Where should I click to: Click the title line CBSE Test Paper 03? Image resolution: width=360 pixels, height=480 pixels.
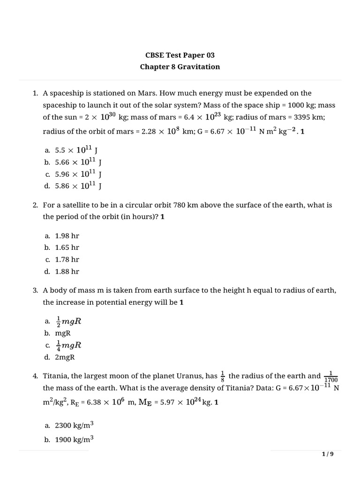point(180,55)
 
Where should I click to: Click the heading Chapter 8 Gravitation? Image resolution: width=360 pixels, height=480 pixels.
point(180,67)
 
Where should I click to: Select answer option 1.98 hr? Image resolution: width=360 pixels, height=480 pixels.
point(67,236)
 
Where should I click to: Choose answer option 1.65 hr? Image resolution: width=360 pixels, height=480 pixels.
point(67,247)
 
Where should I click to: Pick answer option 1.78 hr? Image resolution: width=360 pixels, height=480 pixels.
point(67,259)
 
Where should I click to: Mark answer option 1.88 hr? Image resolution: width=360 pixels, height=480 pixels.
point(67,271)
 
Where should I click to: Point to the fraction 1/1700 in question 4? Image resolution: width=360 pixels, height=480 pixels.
point(330,376)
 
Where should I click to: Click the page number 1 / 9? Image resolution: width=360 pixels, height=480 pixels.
point(327,454)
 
